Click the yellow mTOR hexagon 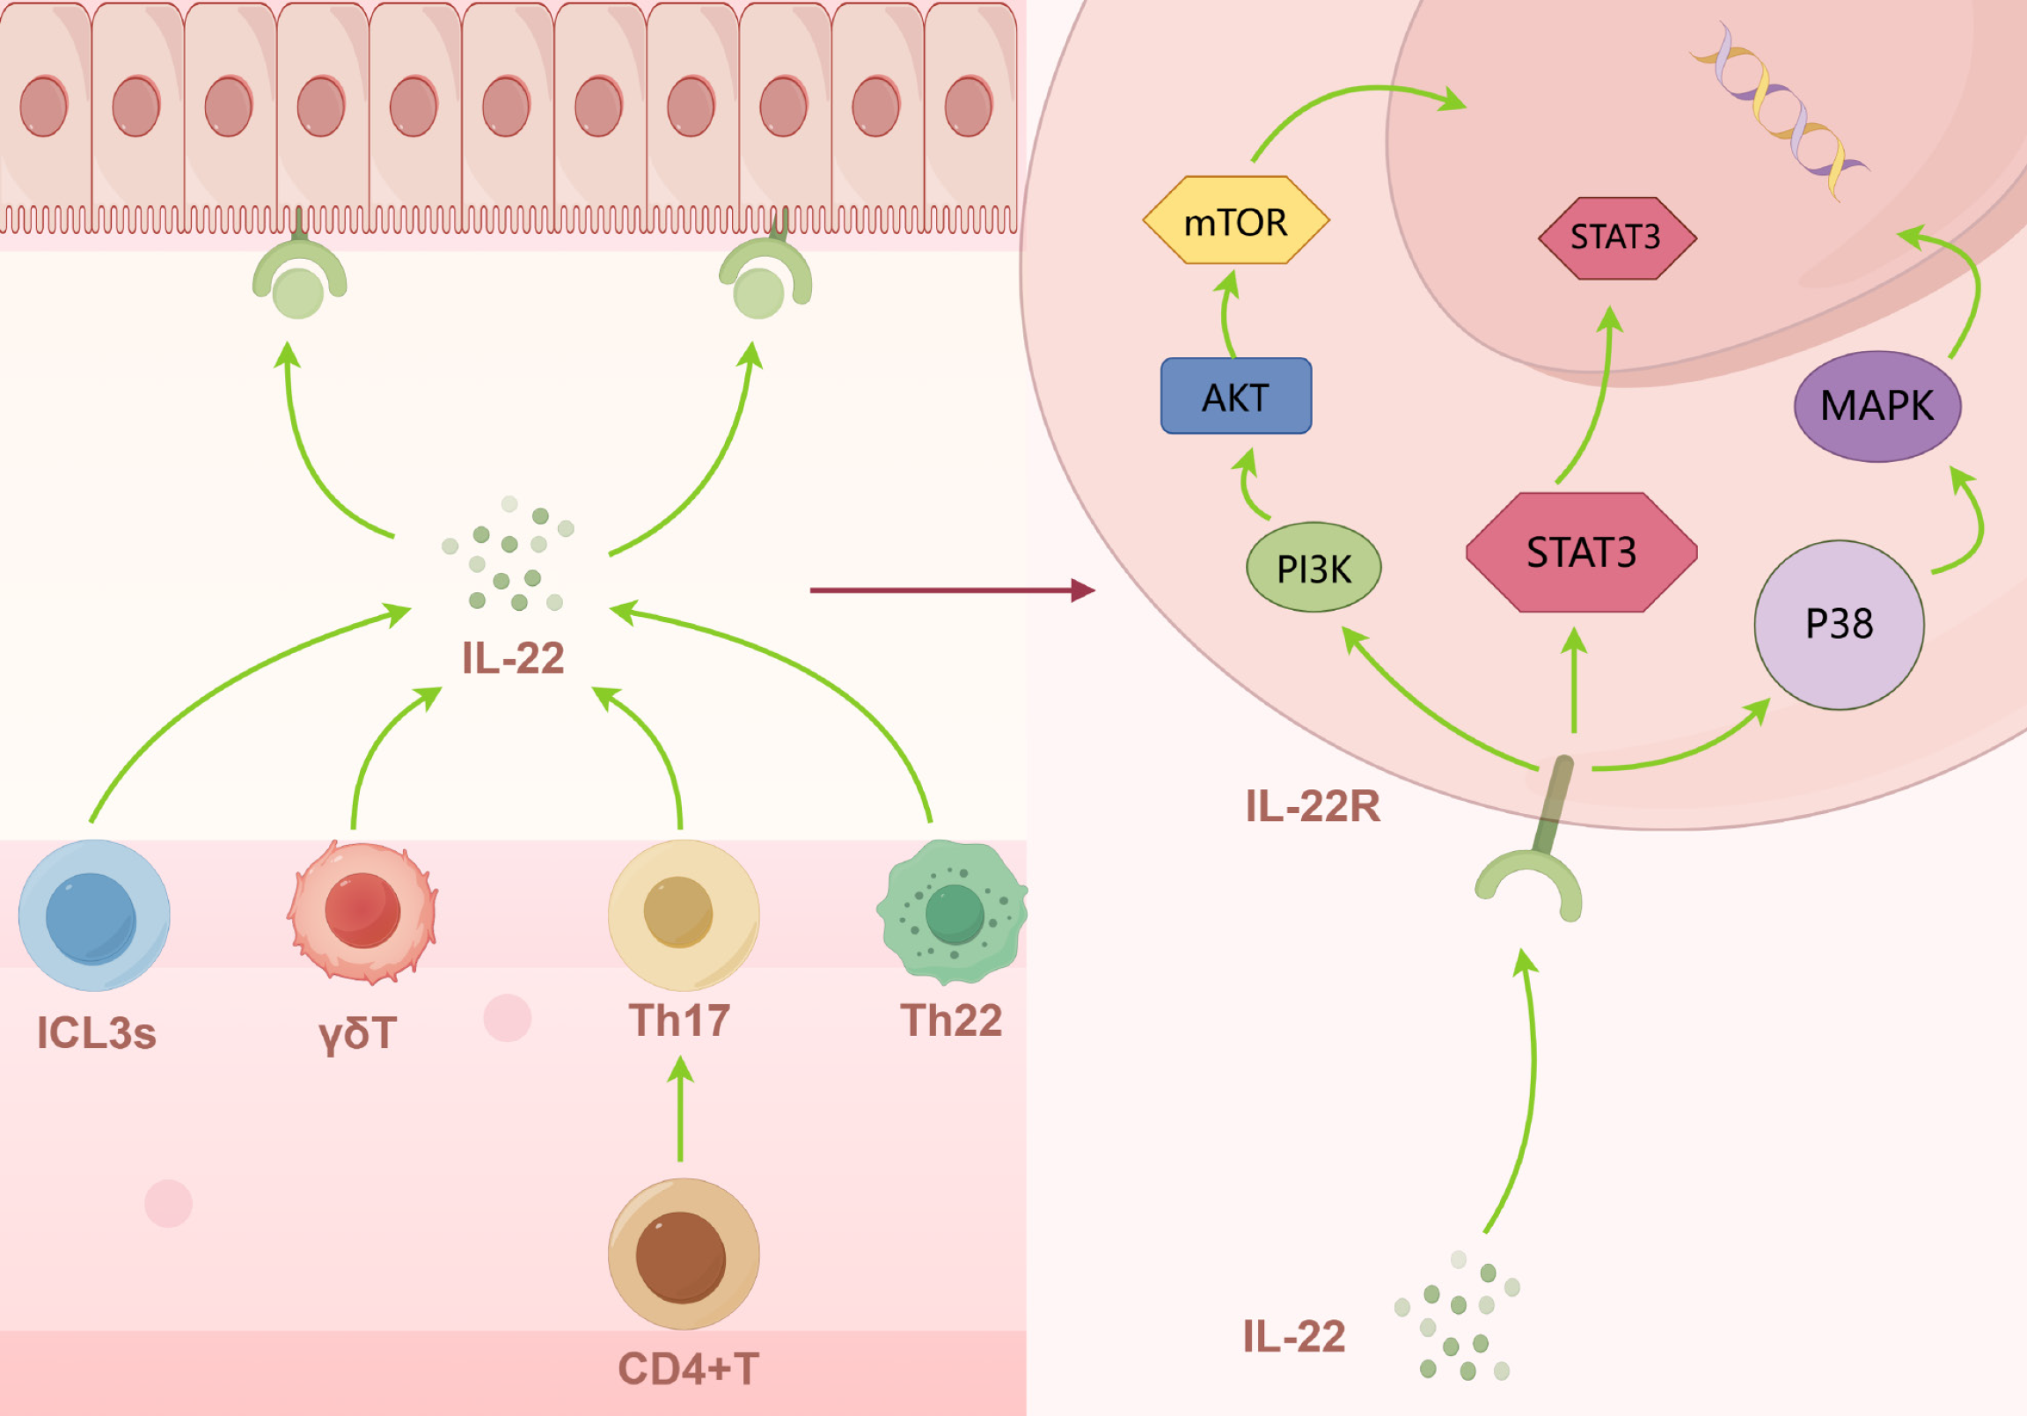pos(1235,221)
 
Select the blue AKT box pos(1235,397)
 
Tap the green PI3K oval pos(1313,567)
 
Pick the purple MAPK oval pos(1877,407)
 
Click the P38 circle pos(1839,625)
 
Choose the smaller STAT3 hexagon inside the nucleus pos(1616,238)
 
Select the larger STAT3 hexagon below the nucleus pos(1581,552)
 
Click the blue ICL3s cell pos(94,915)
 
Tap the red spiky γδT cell pos(362,912)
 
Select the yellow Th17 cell pos(684,914)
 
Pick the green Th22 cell pos(952,912)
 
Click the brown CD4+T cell pos(684,1253)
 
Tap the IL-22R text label pos(1312,806)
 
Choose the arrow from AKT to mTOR pos(1227,313)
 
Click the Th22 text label pos(951,1020)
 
